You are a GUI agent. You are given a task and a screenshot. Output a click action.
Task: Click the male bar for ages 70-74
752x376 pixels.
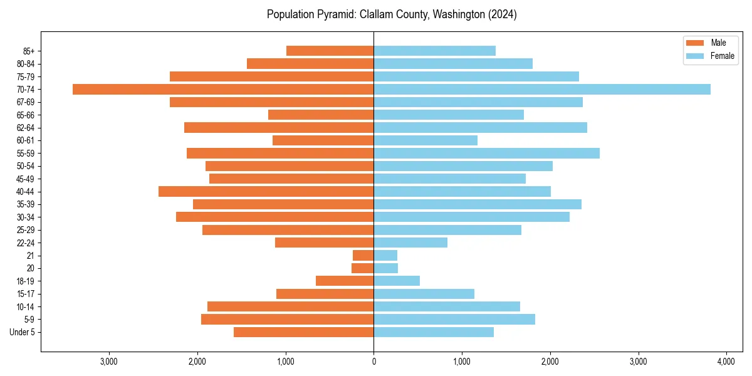coord(223,89)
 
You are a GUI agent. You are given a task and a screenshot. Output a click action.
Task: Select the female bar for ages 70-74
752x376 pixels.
coord(542,89)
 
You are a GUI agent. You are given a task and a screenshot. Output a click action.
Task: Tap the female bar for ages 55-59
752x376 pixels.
coord(486,153)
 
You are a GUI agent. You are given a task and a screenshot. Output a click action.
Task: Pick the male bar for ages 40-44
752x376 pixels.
coord(266,191)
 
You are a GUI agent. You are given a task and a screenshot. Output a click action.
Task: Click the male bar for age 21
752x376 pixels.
coord(363,255)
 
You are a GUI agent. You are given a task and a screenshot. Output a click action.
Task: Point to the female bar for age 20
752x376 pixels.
coord(386,268)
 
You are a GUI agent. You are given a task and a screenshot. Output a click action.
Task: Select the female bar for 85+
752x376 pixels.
coord(434,51)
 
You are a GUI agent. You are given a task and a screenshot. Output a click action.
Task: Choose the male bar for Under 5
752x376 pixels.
coord(303,332)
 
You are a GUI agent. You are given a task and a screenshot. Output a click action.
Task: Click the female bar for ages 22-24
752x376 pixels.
coord(410,243)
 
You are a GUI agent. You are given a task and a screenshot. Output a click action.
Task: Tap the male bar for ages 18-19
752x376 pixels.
coord(345,281)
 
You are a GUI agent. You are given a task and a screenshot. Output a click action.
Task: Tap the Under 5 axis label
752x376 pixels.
coord(23,332)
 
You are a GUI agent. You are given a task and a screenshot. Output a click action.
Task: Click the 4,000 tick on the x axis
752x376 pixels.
coord(726,362)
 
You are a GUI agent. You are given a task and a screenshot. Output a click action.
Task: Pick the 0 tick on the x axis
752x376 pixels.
coord(373,362)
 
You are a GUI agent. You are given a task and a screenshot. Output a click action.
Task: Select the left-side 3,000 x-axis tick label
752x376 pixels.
coord(109,362)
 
